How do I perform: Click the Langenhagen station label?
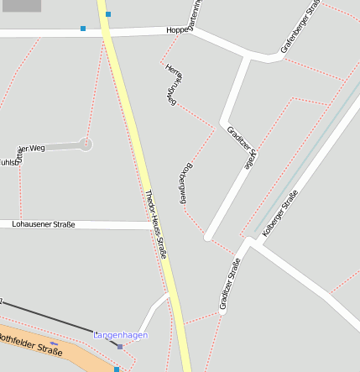pos(120,335)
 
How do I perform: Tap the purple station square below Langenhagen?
pos(120,346)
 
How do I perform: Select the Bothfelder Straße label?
pos(30,344)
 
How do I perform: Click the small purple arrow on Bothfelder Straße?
pos(55,343)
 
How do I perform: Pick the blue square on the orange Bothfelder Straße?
pos(117,369)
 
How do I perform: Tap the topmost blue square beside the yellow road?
pos(108,14)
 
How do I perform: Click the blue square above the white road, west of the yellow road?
pos(83,29)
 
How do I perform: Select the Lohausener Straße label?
pos(44,224)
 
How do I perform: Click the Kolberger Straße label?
pos(279,213)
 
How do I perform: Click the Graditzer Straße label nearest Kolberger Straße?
pos(230,285)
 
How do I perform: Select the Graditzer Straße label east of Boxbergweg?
pos(240,148)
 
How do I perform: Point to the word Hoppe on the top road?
pos(177,30)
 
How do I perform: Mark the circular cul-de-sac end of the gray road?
pos(86,144)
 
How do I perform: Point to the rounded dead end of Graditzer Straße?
pos(207,237)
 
